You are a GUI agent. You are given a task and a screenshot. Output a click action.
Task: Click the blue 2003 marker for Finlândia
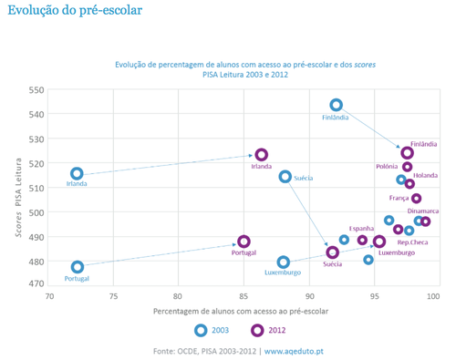click(337, 106)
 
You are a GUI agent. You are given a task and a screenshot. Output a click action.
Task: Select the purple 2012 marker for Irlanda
click(262, 155)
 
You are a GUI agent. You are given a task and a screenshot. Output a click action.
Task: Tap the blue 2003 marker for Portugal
click(78, 267)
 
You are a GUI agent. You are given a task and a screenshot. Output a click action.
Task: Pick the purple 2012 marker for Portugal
click(244, 242)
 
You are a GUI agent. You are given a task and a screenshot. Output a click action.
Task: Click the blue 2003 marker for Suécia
click(285, 177)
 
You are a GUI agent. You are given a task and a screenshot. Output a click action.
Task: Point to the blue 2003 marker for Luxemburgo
click(284, 262)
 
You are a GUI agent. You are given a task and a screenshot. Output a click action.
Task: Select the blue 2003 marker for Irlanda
click(77, 173)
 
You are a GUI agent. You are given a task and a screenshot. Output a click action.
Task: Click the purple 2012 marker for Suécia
click(333, 252)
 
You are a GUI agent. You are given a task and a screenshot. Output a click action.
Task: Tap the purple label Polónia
click(388, 167)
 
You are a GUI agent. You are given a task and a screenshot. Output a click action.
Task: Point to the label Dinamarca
click(423, 211)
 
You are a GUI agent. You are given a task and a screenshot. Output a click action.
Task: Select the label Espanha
click(362, 229)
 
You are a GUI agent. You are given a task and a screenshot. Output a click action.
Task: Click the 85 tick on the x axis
click(244, 296)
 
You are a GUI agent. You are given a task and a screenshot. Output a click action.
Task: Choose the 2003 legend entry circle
click(202, 330)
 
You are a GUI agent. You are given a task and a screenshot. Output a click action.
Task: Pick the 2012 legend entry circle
click(258, 330)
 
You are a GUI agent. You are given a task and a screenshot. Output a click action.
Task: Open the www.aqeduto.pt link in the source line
click(301, 350)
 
